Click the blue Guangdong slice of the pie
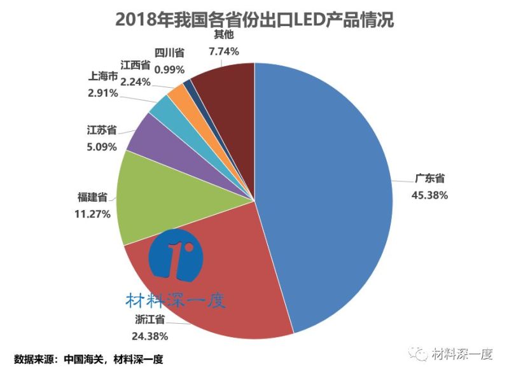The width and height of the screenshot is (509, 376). pyautogui.click(x=324, y=191)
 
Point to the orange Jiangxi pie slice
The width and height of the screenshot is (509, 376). pyautogui.click(x=179, y=95)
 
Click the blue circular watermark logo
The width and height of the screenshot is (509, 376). pyautogui.click(x=176, y=256)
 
